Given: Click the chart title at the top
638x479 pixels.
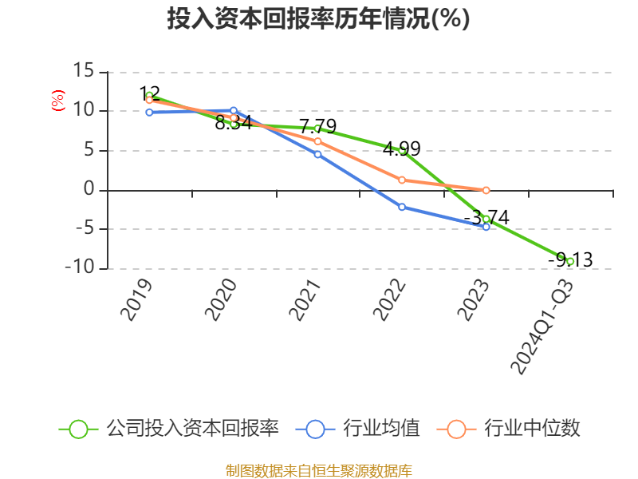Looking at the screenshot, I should point(318,18).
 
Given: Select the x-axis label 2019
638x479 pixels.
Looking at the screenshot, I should point(137,299).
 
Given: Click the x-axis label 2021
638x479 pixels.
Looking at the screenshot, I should point(306,299).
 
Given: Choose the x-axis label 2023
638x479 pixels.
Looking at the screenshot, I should point(475,299).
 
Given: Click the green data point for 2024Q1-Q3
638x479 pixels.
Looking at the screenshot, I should point(570,261).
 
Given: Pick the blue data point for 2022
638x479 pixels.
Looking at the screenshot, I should point(402,207).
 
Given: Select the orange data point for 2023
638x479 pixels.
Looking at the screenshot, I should point(486,190).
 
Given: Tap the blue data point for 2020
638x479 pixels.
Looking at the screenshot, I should point(234,110).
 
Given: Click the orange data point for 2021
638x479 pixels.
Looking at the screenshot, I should point(317,141).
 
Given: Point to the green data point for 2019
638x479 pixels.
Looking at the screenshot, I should point(149,95).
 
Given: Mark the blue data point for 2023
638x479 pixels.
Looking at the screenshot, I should point(486,227).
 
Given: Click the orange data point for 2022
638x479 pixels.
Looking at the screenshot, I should point(402,180).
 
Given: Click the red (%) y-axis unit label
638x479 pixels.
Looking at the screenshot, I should point(57,101).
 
